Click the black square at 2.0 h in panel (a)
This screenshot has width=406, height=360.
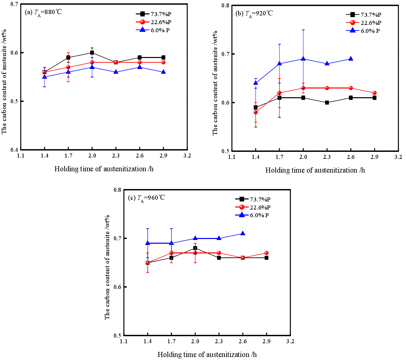pos(92,53)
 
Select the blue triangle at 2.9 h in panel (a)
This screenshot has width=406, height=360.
pos(163,72)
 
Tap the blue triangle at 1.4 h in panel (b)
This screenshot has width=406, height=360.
pos(256,83)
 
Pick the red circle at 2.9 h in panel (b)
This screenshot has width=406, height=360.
pos(374,93)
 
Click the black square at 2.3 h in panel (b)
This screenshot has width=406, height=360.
pos(327,103)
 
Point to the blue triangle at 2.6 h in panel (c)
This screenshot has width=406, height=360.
pos(243,233)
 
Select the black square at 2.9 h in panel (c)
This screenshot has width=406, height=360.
pos(266,258)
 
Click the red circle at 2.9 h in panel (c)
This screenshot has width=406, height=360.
pos(266,253)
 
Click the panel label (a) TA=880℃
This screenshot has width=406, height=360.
pos(44,12)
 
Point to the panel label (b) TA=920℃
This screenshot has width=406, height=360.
pos(254,14)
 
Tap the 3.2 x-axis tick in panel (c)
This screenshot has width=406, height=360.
pos(290,342)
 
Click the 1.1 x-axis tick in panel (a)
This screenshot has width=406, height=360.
pos(21,156)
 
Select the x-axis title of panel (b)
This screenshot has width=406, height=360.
pos(315,170)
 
